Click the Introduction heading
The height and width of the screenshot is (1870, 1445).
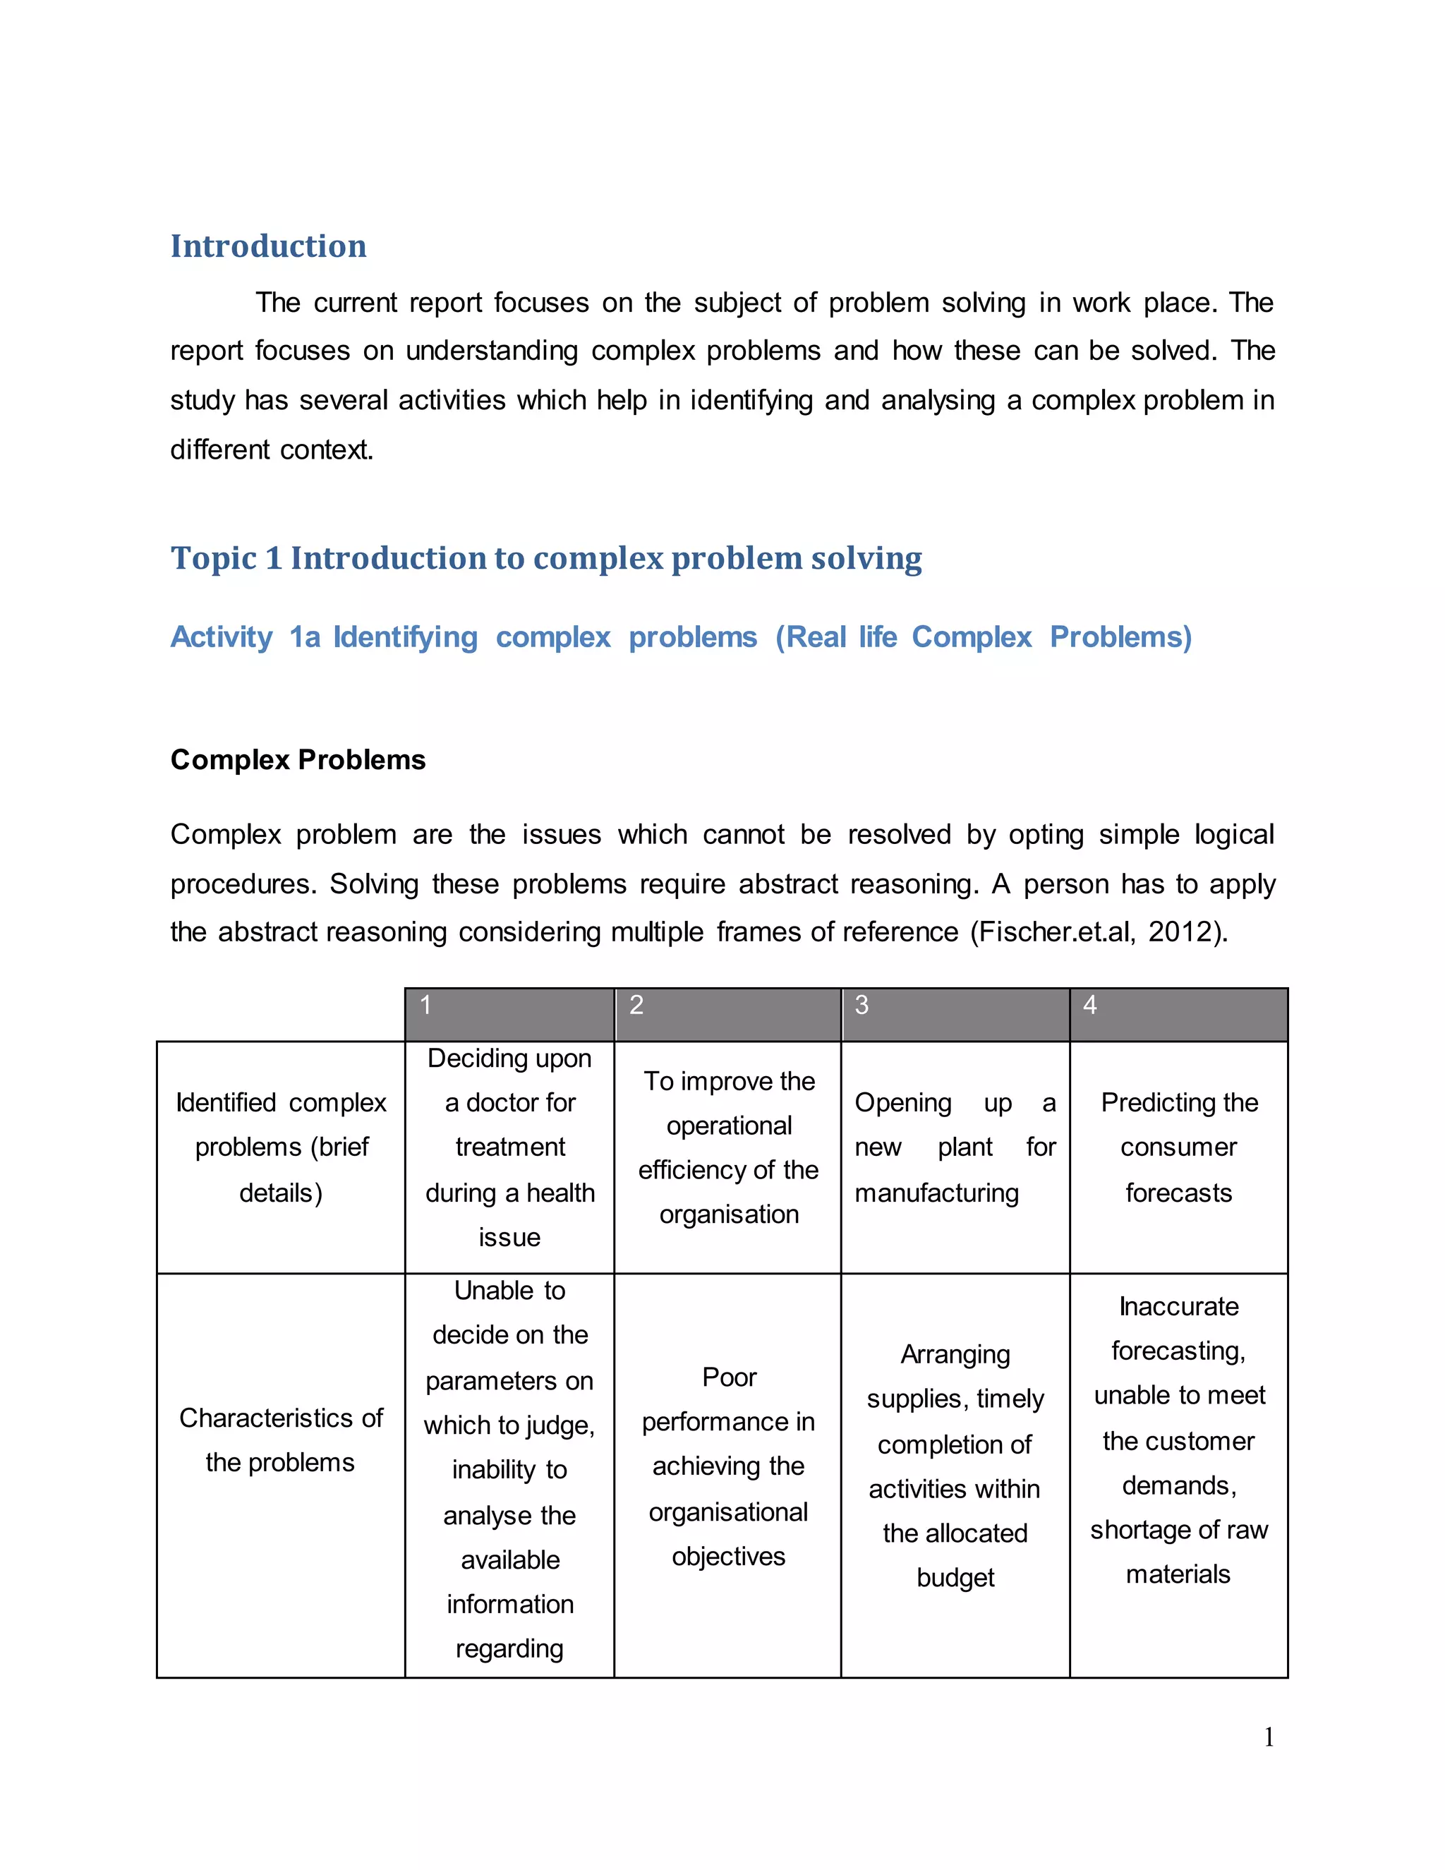tap(268, 246)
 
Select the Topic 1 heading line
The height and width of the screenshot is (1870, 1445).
tap(545, 558)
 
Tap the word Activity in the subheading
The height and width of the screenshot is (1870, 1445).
tap(221, 637)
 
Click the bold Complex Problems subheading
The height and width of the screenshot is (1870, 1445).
tap(298, 760)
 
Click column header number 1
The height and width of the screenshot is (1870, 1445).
tap(425, 1005)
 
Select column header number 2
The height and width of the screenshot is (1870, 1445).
tap(636, 1005)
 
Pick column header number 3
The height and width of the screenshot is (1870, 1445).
tap(861, 1005)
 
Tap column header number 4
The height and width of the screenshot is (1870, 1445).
tap(1089, 1005)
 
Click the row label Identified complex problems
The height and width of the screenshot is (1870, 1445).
tap(281, 1147)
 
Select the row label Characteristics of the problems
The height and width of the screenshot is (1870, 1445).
tap(281, 1440)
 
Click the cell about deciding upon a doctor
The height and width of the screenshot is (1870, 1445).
tap(509, 1147)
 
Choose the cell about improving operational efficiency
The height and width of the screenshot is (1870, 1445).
tap(728, 1147)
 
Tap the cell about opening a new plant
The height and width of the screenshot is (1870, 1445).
tap(955, 1147)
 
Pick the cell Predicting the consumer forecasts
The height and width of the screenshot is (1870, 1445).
tap(1179, 1147)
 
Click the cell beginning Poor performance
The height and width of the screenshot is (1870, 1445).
tap(728, 1466)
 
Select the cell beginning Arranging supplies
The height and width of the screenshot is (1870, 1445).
tap(955, 1466)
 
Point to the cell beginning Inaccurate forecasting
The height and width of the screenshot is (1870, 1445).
tap(1179, 1440)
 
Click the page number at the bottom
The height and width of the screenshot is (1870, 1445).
tap(1269, 1737)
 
